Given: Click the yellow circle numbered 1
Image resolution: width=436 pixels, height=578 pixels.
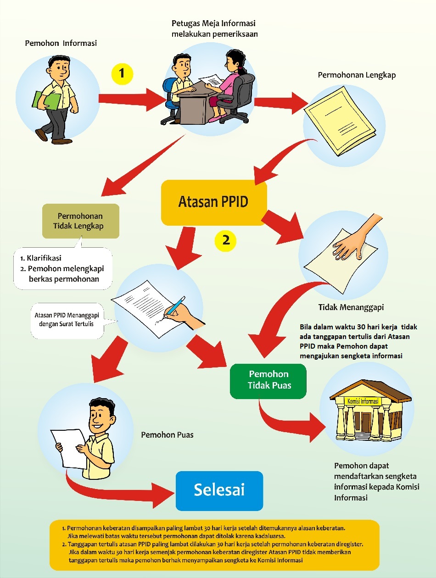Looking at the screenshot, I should [x=122, y=73].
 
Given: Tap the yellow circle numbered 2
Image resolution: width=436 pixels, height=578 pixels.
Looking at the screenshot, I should [x=226, y=239].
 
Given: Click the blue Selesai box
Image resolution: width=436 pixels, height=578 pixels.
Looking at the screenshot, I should [x=219, y=490].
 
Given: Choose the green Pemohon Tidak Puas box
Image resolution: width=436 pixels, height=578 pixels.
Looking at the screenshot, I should [x=268, y=380].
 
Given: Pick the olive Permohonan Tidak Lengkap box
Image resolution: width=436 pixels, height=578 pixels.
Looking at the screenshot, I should [x=80, y=221].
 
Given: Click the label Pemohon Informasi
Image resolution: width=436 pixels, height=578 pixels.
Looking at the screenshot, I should [x=61, y=43].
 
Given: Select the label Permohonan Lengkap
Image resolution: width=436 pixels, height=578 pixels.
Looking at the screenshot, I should [x=357, y=75].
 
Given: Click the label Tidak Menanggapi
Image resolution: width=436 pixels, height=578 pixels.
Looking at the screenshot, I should [x=351, y=307].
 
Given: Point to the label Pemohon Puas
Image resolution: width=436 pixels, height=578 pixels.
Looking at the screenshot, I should [x=167, y=434].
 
